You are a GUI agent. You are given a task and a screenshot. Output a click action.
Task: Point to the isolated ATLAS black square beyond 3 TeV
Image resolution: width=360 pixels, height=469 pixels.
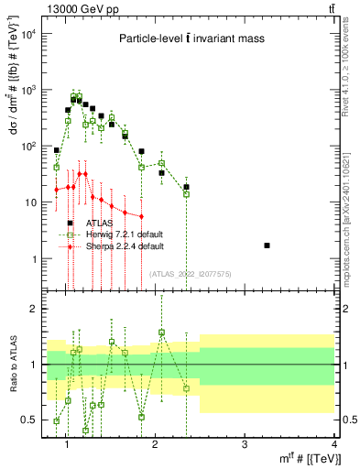(x=267, y=245)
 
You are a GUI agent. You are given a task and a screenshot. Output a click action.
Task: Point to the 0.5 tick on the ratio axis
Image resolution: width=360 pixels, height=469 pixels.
(x=35, y=420)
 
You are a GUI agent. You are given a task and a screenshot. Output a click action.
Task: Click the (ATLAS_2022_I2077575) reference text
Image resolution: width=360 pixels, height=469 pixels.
(x=190, y=273)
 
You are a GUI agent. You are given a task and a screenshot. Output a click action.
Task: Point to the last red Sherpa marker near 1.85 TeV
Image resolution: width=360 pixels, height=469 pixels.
(x=141, y=216)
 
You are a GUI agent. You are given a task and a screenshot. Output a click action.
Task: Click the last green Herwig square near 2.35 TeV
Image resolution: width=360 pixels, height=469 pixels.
(x=186, y=194)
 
